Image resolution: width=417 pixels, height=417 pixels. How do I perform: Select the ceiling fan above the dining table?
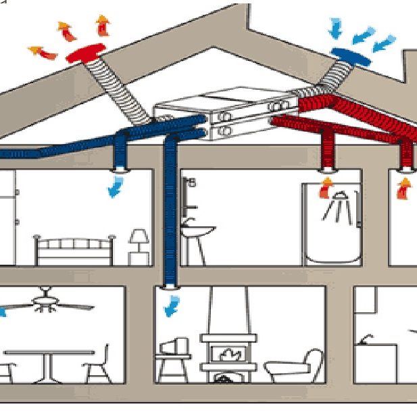point(46,303)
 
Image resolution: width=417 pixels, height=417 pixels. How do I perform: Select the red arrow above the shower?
point(327,185)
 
